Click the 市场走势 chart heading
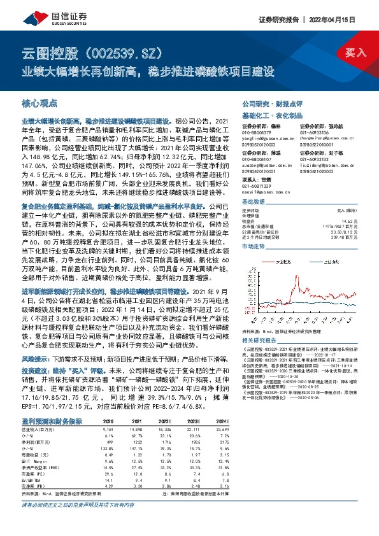click(x=253, y=244)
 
